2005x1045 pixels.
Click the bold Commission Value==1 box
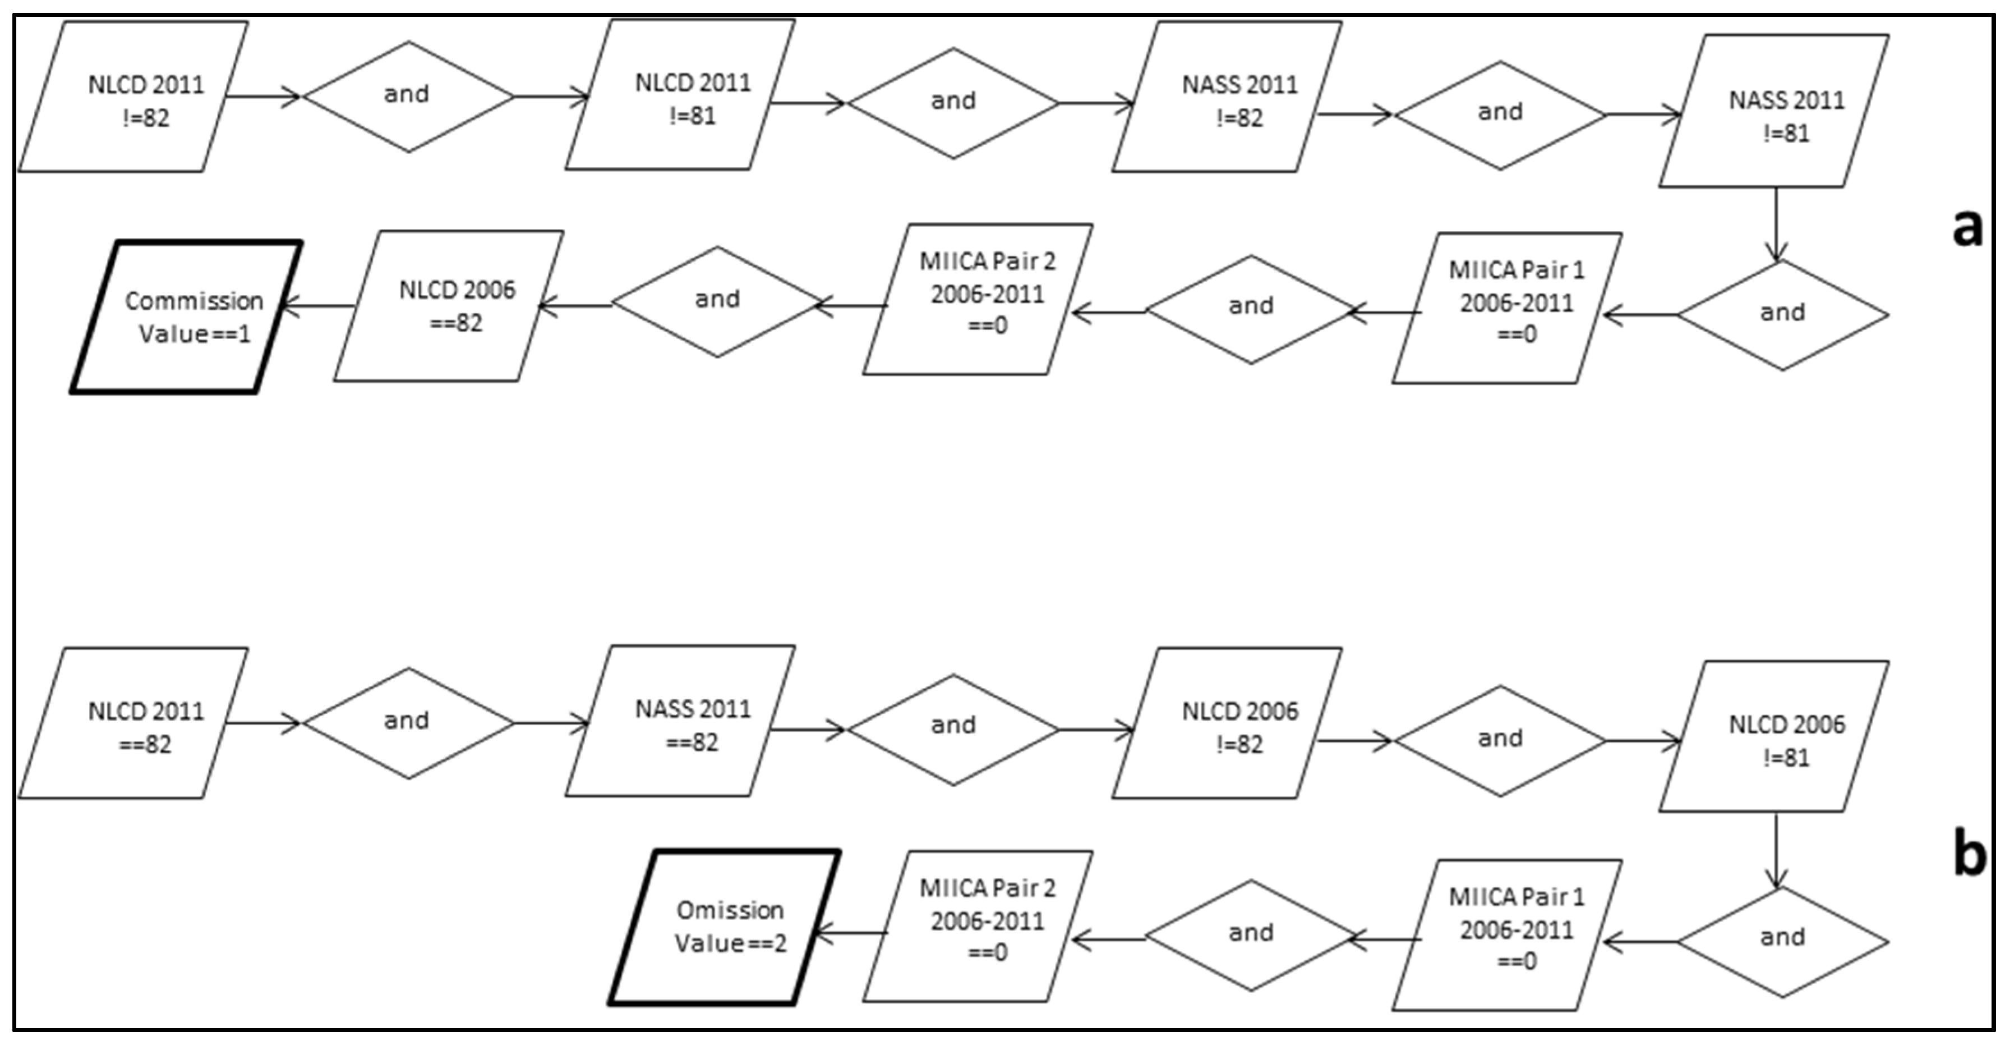pyautogui.click(x=187, y=317)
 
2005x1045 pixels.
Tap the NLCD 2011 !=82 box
pyautogui.click(x=134, y=97)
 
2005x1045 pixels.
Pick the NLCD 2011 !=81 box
pyautogui.click(x=680, y=95)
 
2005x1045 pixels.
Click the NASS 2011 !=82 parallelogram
pyautogui.click(x=1228, y=97)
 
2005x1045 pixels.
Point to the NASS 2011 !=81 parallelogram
pyautogui.click(x=1774, y=111)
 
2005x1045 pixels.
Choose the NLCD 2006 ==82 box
pyautogui.click(x=449, y=306)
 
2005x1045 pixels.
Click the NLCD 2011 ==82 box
pyautogui.click(x=134, y=723)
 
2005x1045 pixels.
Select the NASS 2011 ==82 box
pyautogui.click(x=680, y=721)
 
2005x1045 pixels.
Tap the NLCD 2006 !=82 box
pyautogui.click(x=1228, y=723)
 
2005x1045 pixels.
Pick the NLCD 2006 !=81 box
pyautogui.click(x=1774, y=737)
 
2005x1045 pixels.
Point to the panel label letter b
pyautogui.click(x=1969, y=854)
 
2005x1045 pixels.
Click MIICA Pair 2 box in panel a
pyautogui.click(x=978, y=300)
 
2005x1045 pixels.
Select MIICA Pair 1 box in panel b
pyautogui.click(x=1508, y=935)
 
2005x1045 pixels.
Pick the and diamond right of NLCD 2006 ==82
pyautogui.click(x=717, y=302)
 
